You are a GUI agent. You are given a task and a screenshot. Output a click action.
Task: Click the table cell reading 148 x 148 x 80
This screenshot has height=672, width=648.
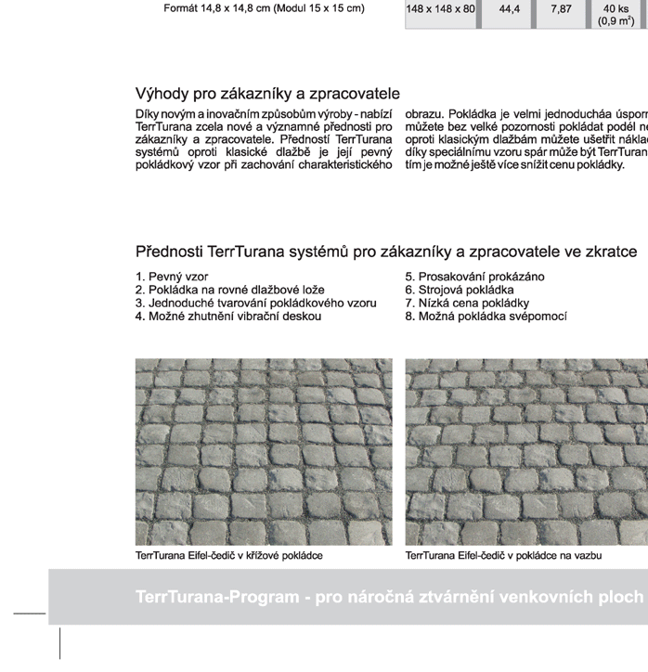click(441, 9)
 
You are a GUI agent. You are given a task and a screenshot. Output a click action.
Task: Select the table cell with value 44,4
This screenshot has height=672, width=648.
click(510, 9)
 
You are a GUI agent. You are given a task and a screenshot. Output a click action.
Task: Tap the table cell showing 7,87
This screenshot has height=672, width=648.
click(561, 9)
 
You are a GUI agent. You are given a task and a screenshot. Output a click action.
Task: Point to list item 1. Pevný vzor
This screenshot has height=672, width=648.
click(172, 277)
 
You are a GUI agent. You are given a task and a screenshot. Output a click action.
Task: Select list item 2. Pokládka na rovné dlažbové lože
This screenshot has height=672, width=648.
click(229, 290)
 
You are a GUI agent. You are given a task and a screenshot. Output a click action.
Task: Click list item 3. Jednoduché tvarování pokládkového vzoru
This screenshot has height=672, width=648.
click(255, 303)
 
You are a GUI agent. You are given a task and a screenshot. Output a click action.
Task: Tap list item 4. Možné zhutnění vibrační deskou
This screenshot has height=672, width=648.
click(227, 316)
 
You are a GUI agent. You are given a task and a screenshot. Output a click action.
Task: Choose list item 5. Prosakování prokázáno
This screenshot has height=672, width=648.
click(474, 277)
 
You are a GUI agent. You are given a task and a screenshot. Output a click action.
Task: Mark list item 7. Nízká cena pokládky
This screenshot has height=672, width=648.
click(467, 303)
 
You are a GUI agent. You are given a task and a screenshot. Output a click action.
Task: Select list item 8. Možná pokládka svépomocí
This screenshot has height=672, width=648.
click(486, 316)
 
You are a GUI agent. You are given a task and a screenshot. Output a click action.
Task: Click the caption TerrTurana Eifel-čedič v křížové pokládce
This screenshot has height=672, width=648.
click(229, 556)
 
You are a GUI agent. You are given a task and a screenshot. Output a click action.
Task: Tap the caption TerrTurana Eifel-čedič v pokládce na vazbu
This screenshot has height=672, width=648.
click(503, 556)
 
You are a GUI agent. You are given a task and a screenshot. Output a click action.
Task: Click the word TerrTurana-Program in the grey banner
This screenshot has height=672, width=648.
click(215, 596)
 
